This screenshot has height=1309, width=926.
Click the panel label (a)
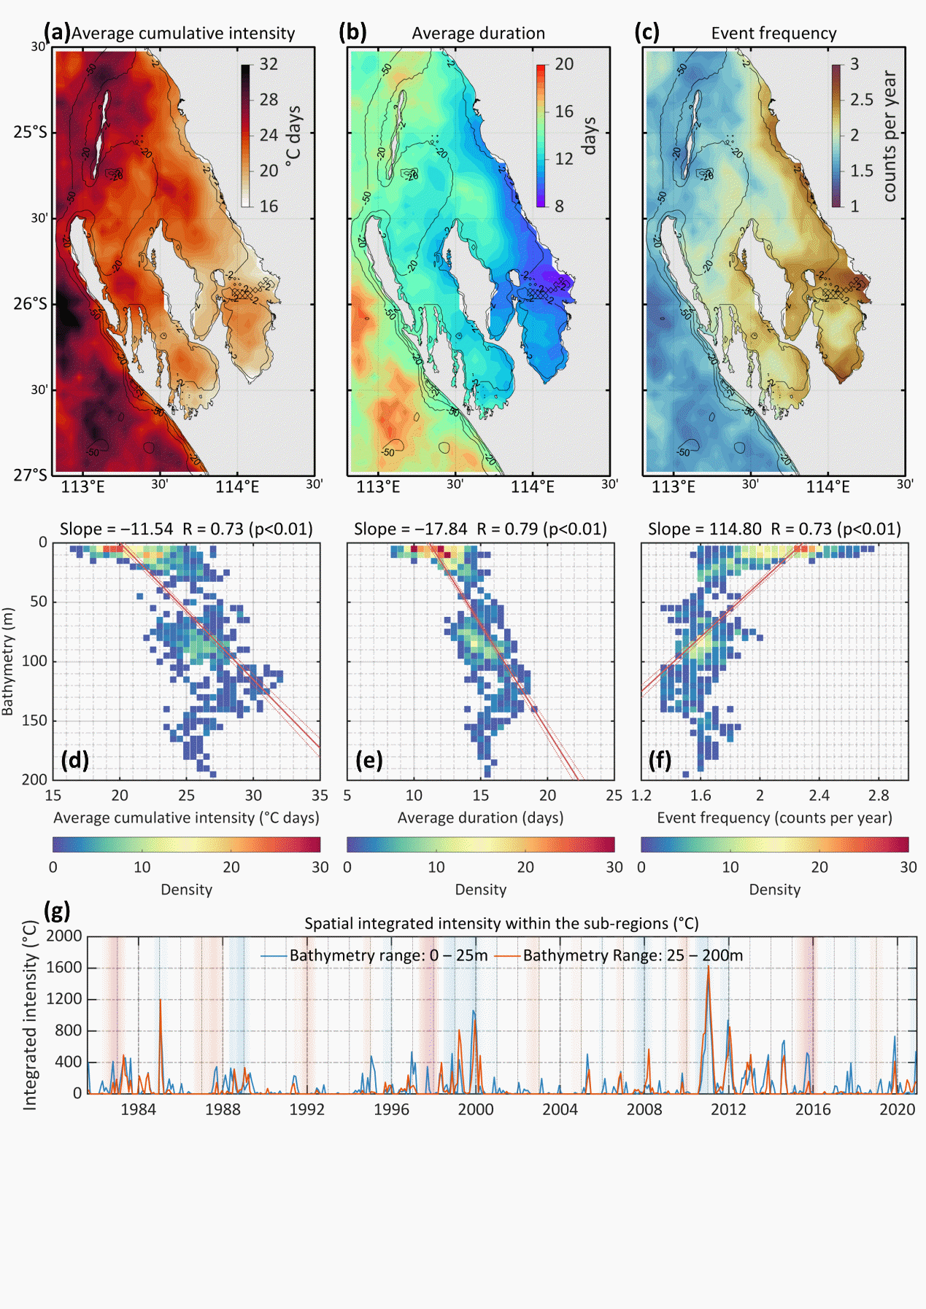coord(57,32)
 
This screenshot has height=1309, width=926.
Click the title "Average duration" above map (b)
coord(478,34)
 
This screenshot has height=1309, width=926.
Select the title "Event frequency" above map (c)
coord(773,34)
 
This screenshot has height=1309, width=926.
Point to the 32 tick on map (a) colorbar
coord(269,64)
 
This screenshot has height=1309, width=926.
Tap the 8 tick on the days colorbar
coord(559,206)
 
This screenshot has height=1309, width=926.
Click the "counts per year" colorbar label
coord(890,136)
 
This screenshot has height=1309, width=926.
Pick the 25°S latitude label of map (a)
coord(30,133)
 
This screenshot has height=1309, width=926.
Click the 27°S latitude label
coord(30,475)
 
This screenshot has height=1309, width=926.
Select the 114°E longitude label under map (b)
coord(532,487)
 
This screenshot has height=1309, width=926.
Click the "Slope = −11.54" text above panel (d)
coord(117,529)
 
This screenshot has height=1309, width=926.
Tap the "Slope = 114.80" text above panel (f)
coord(704,529)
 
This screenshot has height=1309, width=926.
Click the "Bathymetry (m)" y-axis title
coord(9,661)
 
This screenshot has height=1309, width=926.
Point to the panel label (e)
coord(369,761)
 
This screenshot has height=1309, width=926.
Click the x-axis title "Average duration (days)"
coord(480,818)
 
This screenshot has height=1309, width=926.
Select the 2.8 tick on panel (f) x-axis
coord(879,796)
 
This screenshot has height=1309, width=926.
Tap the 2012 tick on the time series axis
coord(728,1110)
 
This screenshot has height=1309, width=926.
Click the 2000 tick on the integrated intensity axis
coord(64,936)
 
